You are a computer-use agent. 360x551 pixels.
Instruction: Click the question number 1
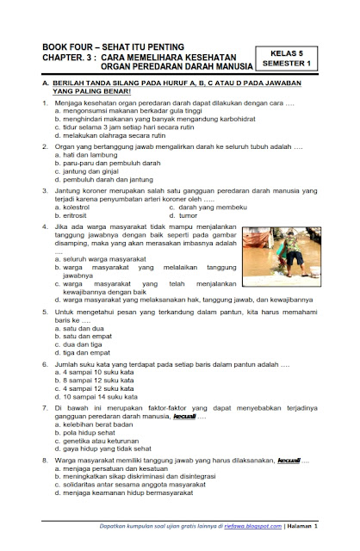pos(31,103)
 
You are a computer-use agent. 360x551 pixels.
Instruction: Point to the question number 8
pos(31,462)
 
